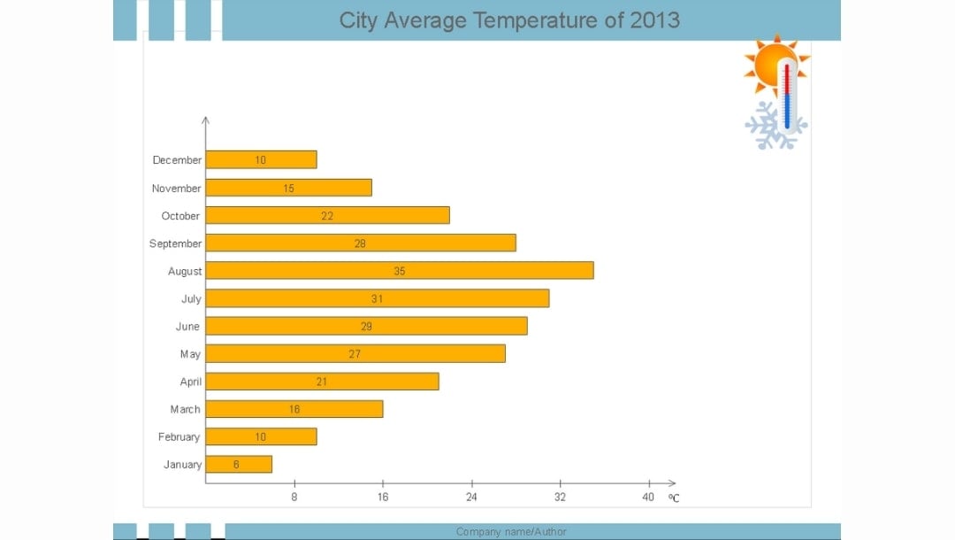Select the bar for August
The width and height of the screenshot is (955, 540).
click(400, 271)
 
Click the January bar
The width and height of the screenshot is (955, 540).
click(239, 464)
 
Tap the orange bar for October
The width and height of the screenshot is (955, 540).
click(327, 215)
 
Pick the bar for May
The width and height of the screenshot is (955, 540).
click(355, 353)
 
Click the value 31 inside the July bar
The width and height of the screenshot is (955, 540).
click(378, 299)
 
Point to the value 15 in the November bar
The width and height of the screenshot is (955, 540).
click(289, 189)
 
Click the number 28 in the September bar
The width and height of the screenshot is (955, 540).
click(360, 243)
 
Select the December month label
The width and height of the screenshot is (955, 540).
click(177, 160)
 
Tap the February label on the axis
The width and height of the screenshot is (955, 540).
click(179, 436)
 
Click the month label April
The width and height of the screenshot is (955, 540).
click(191, 382)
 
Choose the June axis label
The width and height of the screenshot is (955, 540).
click(187, 327)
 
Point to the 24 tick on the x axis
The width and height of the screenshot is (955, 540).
click(471, 497)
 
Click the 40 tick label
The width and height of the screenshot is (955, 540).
click(648, 497)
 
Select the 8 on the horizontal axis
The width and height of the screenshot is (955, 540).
click(294, 497)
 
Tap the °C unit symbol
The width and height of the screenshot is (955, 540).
click(674, 498)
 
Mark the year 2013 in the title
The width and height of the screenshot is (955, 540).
click(654, 20)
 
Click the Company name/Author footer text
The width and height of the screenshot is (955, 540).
click(511, 531)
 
